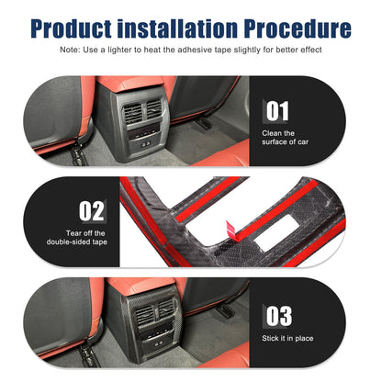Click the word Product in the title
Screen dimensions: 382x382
click(x=71, y=28)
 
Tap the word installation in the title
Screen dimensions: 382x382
click(x=177, y=28)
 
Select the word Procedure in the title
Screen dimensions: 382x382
click(x=298, y=28)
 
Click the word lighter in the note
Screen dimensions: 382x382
click(x=120, y=50)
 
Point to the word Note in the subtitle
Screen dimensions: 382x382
click(x=69, y=50)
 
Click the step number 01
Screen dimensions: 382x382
click(x=277, y=111)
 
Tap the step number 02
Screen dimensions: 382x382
click(x=92, y=211)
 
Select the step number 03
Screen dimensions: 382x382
click(x=279, y=316)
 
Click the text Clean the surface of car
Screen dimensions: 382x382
click(x=285, y=138)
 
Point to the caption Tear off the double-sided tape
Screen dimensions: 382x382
click(x=77, y=238)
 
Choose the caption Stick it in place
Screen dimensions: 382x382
click(x=287, y=338)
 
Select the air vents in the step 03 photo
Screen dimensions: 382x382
click(x=153, y=311)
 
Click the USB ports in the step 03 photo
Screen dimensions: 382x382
click(x=158, y=343)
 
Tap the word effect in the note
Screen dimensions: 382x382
click(x=311, y=50)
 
